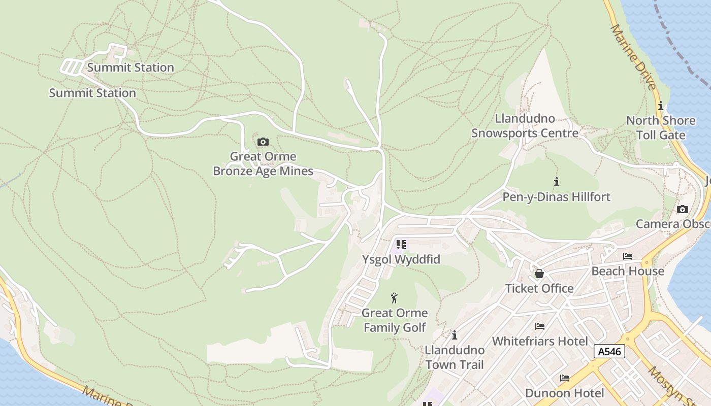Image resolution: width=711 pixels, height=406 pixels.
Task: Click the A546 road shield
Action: pyautogui.click(x=609, y=351)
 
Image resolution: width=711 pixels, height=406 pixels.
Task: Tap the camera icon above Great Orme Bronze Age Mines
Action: pyautogui.click(x=263, y=142)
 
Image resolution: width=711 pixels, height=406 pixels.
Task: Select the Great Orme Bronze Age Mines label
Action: pyautogui.click(x=263, y=164)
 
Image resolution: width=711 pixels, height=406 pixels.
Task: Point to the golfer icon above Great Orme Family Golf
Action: pyautogui.click(x=394, y=298)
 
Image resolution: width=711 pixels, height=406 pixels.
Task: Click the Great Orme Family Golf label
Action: pyautogui.click(x=395, y=320)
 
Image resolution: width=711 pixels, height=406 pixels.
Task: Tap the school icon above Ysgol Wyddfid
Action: pyautogui.click(x=401, y=245)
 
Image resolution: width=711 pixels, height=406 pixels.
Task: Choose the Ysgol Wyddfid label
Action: pyautogui.click(x=401, y=259)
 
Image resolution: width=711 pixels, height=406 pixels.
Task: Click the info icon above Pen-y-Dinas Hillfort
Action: pyautogui.click(x=557, y=182)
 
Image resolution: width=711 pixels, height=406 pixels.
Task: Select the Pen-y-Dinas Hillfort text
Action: pyautogui.click(x=557, y=196)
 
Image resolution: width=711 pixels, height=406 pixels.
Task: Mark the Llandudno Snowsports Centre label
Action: pyautogui.click(x=525, y=126)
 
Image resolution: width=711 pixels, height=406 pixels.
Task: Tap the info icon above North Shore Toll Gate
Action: pyautogui.click(x=661, y=106)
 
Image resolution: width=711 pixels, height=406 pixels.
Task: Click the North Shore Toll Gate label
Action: pyautogui.click(x=661, y=128)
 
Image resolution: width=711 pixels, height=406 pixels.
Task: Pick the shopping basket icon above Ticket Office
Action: pyautogui.click(x=539, y=274)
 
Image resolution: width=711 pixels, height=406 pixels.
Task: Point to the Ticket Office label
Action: pyautogui.click(x=539, y=288)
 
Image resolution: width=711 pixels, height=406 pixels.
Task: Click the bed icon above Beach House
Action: pyautogui.click(x=628, y=256)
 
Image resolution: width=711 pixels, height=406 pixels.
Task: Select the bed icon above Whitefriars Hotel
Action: pyautogui.click(x=540, y=326)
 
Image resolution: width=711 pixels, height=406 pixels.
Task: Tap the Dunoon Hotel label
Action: pyautogui.click(x=564, y=393)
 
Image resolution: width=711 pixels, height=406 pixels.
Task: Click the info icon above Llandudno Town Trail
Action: pyautogui.click(x=455, y=335)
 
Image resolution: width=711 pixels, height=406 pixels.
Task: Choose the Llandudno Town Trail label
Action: pyautogui.click(x=455, y=357)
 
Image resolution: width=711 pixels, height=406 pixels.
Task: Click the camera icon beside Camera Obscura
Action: pyautogui.click(x=682, y=209)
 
